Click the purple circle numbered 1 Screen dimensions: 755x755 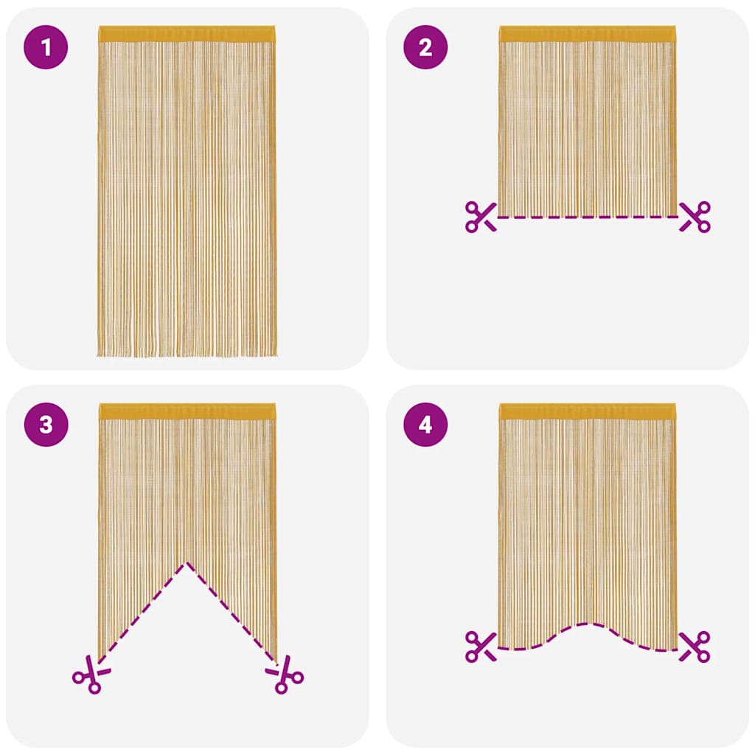pyautogui.click(x=46, y=48)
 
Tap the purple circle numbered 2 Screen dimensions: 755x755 pyautogui.click(x=425, y=48)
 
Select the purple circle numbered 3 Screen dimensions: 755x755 pyautogui.click(x=46, y=425)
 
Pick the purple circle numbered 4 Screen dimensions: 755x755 pyautogui.click(x=425, y=425)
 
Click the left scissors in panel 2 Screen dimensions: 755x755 pyautogui.click(x=481, y=216)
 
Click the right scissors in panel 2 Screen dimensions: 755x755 pyautogui.click(x=695, y=216)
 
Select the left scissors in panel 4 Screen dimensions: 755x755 pyautogui.click(x=481, y=646)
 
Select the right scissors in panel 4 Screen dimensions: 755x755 pyautogui.click(x=695, y=646)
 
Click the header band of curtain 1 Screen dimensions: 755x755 pyautogui.click(x=187, y=34)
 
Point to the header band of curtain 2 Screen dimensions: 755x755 pyautogui.click(x=587, y=34)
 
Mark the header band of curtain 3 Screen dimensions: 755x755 pyautogui.click(x=187, y=411)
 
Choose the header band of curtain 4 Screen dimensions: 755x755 pyautogui.click(x=587, y=411)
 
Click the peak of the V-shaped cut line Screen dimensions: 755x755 pyautogui.click(x=187, y=563)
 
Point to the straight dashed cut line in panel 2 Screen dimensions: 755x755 pyautogui.click(x=587, y=217)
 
